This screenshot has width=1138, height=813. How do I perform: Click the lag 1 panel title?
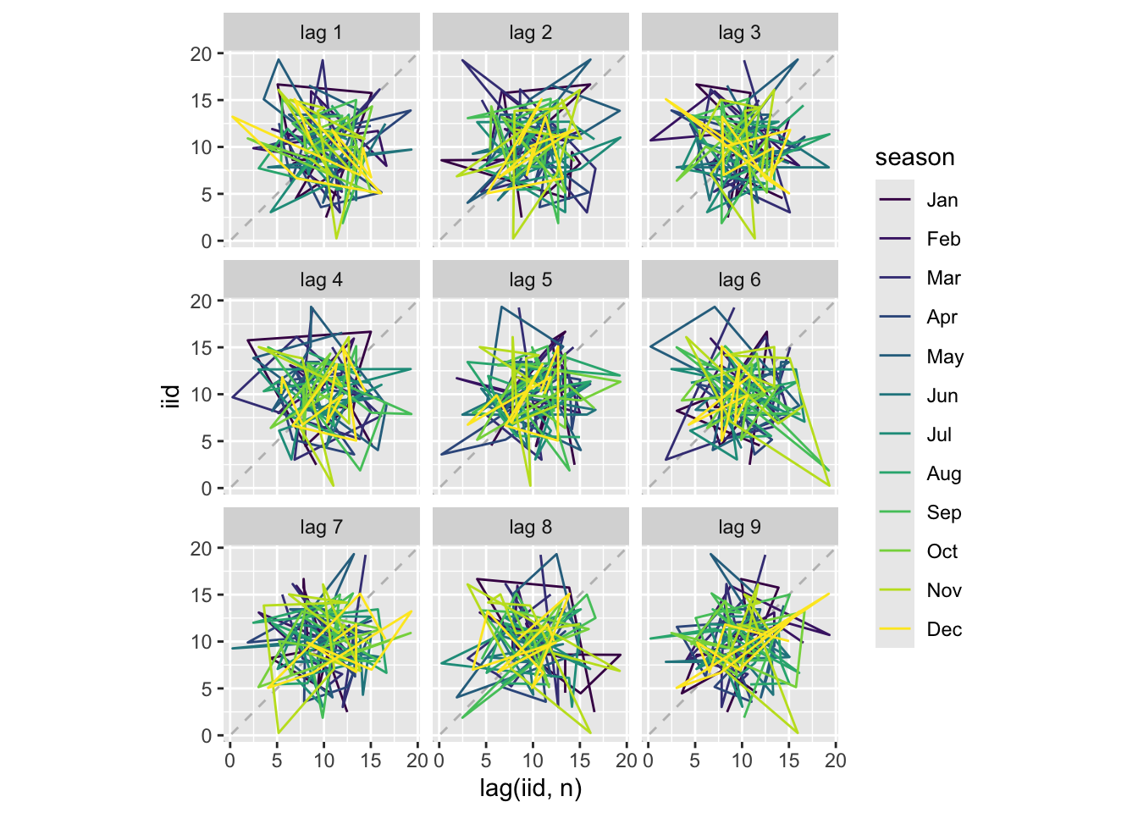(321, 33)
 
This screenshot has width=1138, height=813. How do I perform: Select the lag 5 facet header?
(530, 280)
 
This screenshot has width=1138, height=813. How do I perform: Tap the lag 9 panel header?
(739, 528)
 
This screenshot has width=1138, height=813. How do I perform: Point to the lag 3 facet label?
(739, 33)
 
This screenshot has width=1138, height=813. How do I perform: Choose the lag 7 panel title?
(321, 528)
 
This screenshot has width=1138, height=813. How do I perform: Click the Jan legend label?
(942, 201)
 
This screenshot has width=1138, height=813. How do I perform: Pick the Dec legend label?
(943, 629)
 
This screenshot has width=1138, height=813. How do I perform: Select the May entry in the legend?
(944, 357)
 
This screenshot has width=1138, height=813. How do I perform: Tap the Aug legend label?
(943, 473)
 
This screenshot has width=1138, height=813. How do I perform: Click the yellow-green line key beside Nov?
(895, 590)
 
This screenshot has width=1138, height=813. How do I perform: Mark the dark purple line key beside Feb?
(895, 239)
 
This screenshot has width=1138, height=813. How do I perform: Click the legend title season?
(914, 158)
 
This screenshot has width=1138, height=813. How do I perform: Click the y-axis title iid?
(172, 395)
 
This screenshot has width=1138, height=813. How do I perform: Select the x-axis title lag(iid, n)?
(531, 788)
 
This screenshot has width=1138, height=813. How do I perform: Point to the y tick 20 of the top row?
(201, 54)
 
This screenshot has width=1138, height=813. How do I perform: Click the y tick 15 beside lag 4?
(201, 348)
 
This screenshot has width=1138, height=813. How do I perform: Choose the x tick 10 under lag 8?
(533, 760)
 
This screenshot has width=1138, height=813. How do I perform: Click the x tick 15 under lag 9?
(788, 760)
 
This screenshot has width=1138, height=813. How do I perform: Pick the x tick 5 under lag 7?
(277, 760)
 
